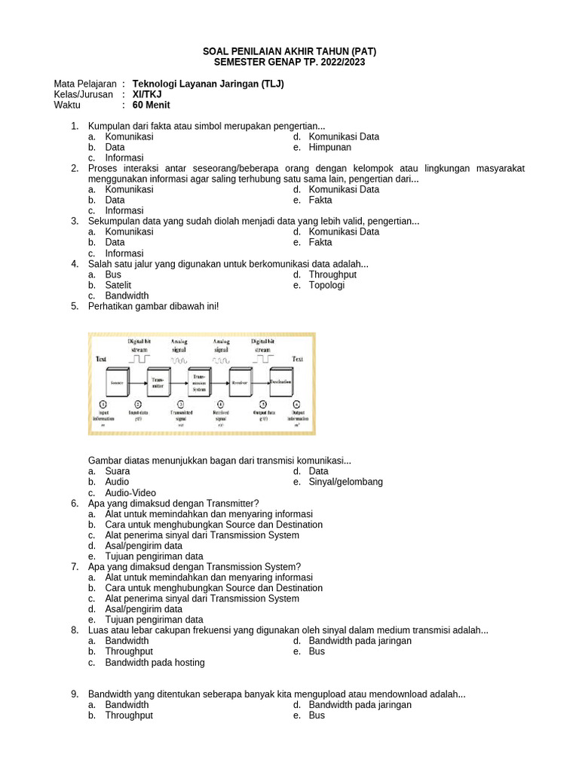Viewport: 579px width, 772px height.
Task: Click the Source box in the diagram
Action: (x=116, y=384)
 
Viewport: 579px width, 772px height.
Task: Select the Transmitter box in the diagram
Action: (x=158, y=384)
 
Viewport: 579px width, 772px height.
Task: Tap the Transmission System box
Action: (x=198, y=383)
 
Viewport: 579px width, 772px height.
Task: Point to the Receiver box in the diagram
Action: (x=239, y=384)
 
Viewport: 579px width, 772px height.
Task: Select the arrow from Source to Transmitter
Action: (x=136, y=384)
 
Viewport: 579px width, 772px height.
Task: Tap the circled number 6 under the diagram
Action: (x=296, y=405)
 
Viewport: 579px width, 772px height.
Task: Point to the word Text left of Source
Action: (x=101, y=360)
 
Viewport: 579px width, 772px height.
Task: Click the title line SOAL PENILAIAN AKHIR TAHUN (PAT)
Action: (x=289, y=51)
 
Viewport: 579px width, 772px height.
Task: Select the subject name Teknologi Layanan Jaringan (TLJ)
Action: (x=208, y=84)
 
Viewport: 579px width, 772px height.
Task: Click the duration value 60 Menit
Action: (x=151, y=105)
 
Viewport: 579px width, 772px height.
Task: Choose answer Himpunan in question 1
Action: (x=330, y=147)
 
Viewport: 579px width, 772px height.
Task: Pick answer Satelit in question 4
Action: (x=118, y=285)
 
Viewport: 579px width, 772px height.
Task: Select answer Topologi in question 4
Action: (x=326, y=285)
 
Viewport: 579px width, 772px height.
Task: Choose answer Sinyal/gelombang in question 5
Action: (x=345, y=481)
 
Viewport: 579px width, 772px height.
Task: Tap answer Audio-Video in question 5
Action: (x=130, y=492)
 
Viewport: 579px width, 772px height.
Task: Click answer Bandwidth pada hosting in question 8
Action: (x=155, y=662)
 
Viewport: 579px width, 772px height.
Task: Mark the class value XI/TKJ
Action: (x=147, y=94)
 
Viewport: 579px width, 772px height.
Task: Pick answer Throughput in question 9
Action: (x=129, y=715)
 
